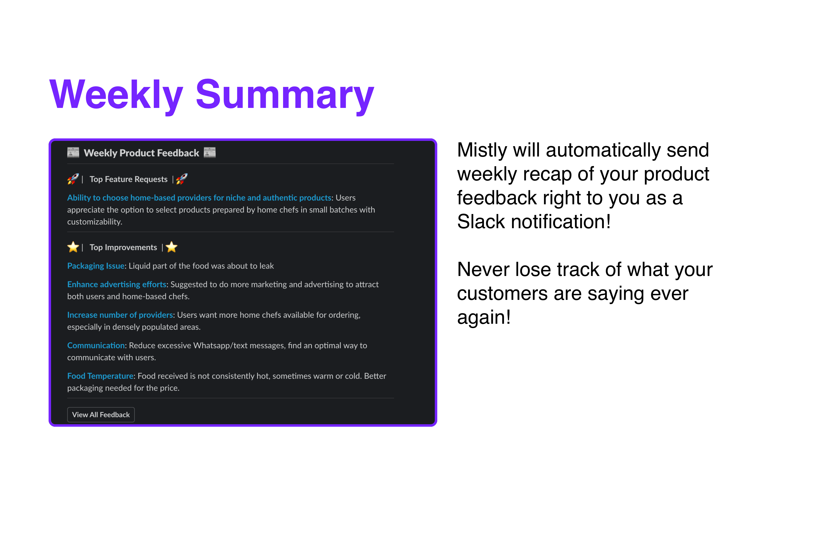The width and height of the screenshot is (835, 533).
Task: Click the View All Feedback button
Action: tap(100, 415)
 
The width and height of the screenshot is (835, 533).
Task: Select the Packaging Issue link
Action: tap(96, 266)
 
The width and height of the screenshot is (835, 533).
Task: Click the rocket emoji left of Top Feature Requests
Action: tap(73, 179)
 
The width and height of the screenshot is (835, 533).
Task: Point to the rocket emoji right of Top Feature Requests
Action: tap(182, 179)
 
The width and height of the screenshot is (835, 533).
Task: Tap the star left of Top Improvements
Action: tap(73, 247)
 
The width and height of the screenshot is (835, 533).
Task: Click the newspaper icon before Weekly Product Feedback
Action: tap(73, 153)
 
